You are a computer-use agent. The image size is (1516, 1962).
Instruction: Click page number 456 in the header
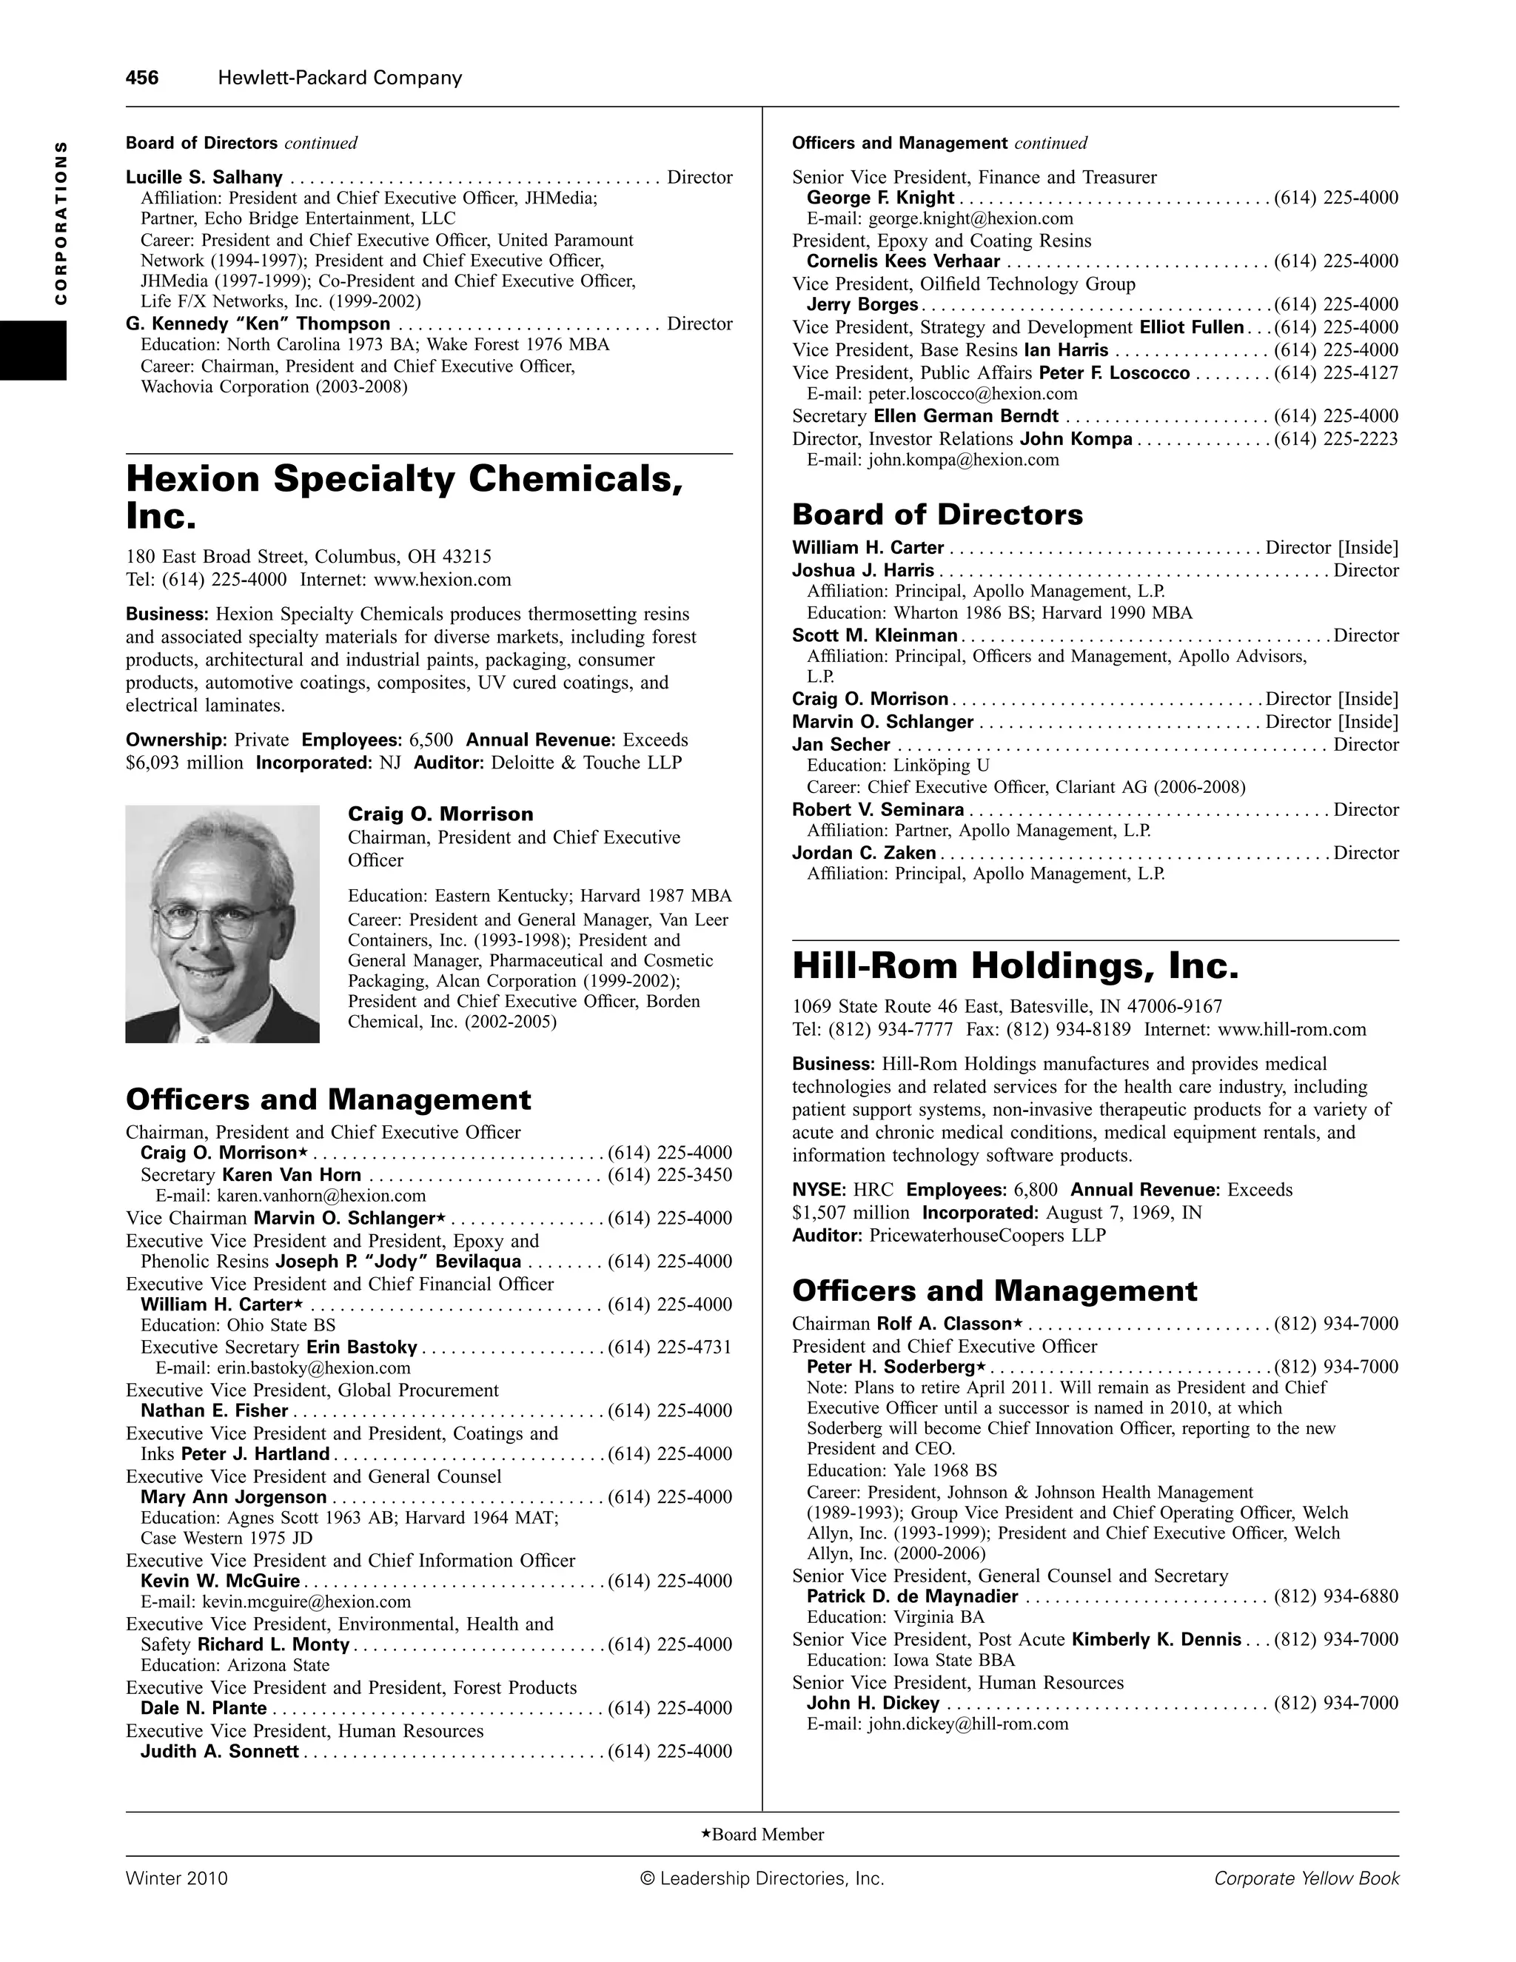[142, 78]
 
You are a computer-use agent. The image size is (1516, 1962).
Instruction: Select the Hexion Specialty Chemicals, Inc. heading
[404, 496]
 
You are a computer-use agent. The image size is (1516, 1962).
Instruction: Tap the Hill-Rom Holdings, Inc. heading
[1015, 967]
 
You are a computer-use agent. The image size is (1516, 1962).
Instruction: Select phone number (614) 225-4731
[670, 1347]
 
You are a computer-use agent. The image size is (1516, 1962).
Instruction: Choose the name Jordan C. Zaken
[864, 852]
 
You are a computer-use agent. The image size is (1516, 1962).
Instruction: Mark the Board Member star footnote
[762, 1835]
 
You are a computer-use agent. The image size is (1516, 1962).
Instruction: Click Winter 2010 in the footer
[177, 1878]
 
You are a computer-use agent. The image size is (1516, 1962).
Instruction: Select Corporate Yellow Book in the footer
[1306, 1878]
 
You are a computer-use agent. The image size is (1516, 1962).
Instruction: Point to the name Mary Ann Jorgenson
[233, 1496]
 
